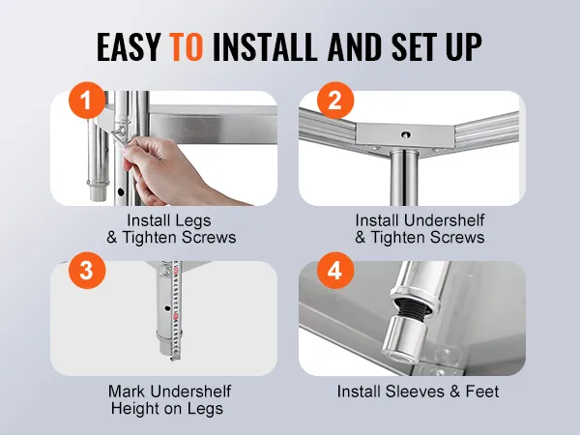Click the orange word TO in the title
[x=186, y=46]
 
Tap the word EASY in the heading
[x=129, y=46]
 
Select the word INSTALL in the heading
[x=265, y=46]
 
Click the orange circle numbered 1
[x=87, y=101]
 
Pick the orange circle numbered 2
[x=335, y=101]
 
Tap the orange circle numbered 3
[x=87, y=271]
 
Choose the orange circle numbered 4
[x=335, y=271]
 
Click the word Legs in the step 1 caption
[x=192, y=221]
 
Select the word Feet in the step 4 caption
[x=482, y=391]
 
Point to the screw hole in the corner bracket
[x=406, y=134]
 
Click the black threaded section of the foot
[x=412, y=307]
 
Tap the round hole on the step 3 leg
[x=167, y=307]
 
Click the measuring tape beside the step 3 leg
[x=176, y=310]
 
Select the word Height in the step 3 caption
[x=133, y=409]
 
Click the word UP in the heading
[x=464, y=46]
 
